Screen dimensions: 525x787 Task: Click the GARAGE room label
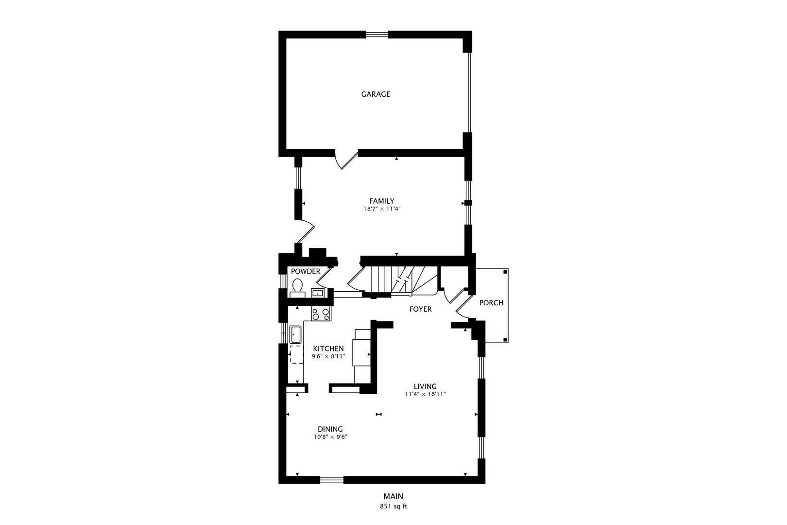[x=376, y=94]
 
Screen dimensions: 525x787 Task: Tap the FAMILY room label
[x=382, y=201]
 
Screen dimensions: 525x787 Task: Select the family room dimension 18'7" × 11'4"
[x=382, y=209]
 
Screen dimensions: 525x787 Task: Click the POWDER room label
[x=306, y=271]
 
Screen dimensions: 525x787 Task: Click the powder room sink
[x=317, y=293]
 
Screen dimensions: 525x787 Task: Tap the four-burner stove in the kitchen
[x=321, y=314]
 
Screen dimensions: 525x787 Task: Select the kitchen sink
[x=295, y=334]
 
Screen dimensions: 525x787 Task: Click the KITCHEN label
[x=328, y=349]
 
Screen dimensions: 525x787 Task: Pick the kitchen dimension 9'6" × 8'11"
[x=328, y=356]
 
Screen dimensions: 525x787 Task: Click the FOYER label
[x=420, y=309]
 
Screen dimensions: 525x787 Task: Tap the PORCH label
[x=491, y=303]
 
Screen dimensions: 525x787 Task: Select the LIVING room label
[x=425, y=386]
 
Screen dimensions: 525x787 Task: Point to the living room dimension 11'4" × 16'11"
[x=425, y=394]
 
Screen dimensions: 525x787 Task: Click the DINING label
[x=330, y=429]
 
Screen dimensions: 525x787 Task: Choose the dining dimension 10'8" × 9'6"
[x=330, y=437]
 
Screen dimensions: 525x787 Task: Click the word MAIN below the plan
[x=393, y=496]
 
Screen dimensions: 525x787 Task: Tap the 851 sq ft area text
[x=393, y=506]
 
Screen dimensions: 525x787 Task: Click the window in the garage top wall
[x=377, y=34]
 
